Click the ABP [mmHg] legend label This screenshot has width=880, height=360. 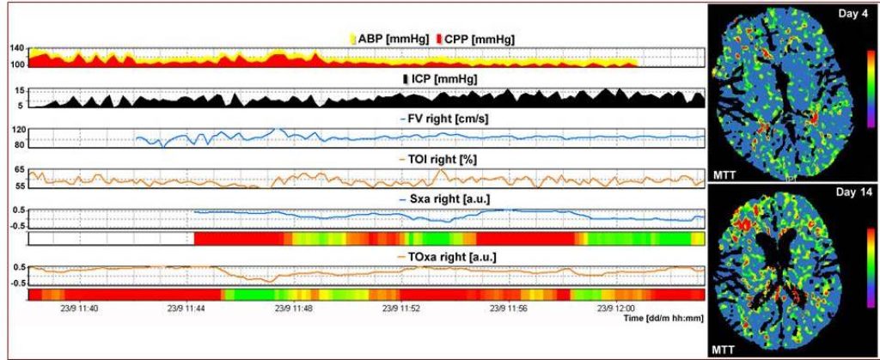[x=397, y=39]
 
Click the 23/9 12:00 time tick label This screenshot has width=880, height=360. [x=617, y=307]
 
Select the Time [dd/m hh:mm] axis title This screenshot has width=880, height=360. [x=663, y=317]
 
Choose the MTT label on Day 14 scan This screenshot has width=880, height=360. [x=724, y=351]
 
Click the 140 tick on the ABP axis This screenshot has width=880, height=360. [x=17, y=51]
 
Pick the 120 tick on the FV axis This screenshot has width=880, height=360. [x=17, y=130]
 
